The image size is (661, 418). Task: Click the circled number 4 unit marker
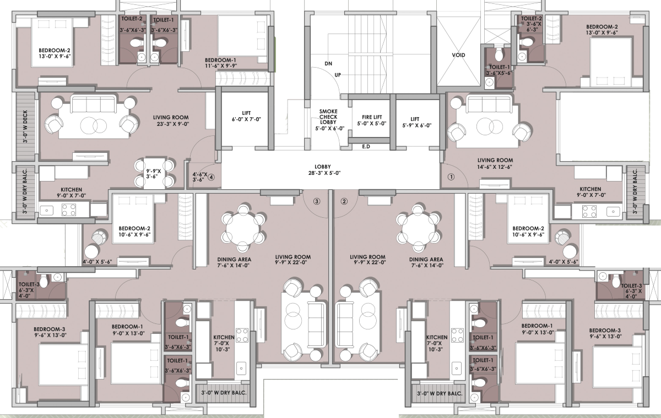point(211,177)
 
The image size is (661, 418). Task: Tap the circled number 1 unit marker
point(451,177)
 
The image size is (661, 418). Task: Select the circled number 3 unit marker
point(317,201)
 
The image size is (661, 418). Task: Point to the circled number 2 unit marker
point(344,201)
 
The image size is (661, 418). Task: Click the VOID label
point(458,55)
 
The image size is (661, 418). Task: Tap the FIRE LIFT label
point(372,117)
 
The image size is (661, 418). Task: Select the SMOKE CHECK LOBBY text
point(328,117)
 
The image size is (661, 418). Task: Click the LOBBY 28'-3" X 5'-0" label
point(324,170)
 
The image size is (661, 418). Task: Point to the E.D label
point(366,146)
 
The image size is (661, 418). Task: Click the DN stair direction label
point(328,64)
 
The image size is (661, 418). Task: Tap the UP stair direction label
point(338,75)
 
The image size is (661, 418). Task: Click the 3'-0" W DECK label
point(25,127)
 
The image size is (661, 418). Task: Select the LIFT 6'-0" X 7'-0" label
point(246,116)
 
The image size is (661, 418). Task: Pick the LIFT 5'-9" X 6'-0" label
point(416,122)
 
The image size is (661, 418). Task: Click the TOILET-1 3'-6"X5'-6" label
point(499,70)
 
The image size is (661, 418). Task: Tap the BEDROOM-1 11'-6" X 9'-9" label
point(221,63)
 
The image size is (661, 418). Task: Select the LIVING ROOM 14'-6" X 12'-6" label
point(495,163)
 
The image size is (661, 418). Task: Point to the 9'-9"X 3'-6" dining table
point(154,174)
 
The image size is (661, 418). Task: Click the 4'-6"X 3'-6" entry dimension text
point(200,177)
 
